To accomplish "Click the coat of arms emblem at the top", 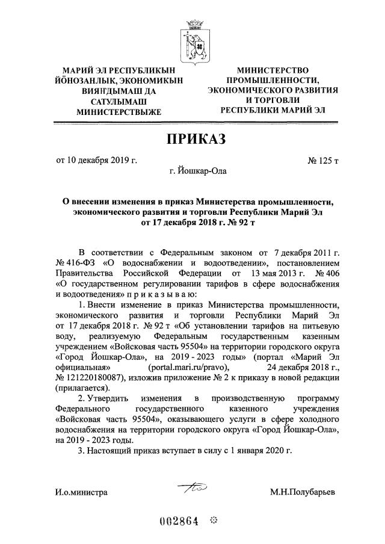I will tap(194, 42).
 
